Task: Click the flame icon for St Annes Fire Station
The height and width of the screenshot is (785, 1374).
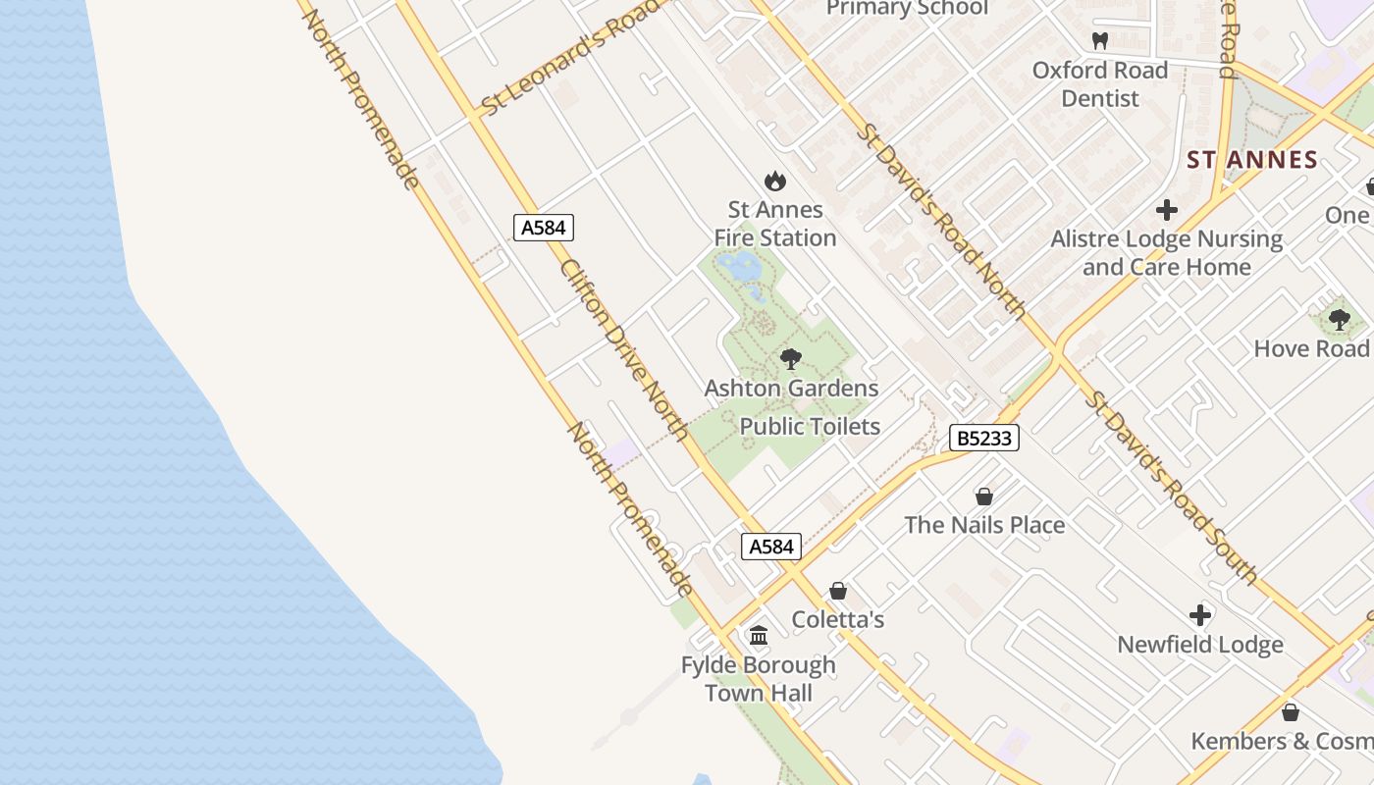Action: tap(775, 181)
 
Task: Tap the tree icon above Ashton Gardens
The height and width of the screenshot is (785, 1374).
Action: tap(791, 359)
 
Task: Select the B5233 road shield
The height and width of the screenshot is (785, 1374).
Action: tap(983, 438)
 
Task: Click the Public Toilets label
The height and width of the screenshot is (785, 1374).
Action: tap(810, 426)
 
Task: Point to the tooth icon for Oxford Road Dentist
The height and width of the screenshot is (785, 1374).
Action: tap(1099, 41)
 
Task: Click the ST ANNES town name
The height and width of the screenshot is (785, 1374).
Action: tap(1251, 160)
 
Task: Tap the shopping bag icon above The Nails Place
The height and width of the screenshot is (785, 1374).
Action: tap(984, 497)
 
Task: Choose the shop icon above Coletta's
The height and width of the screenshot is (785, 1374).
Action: tap(838, 591)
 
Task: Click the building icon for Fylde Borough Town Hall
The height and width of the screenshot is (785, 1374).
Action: tap(759, 636)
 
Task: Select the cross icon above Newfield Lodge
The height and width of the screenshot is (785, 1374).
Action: tap(1200, 615)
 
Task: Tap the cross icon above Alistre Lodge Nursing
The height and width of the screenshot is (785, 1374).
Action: tap(1166, 210)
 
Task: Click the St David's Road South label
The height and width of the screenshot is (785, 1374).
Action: tap(1172, 488)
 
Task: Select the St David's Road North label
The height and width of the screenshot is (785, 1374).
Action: tap(942, 222)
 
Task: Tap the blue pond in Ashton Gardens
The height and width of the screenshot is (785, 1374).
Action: tap(738, 265)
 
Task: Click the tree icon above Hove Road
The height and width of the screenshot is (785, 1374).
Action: tap(1339, 320)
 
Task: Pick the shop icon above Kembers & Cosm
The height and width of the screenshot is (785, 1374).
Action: tap(1290, 711)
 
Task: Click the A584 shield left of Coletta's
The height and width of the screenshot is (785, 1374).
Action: tap(770, 547)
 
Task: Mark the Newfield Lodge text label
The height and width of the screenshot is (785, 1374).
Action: tap(1200, 645)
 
